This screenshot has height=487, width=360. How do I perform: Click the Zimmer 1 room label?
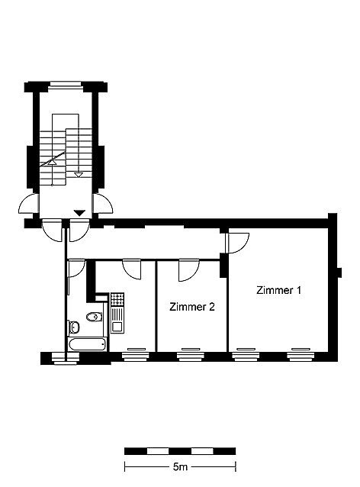click(278, 290)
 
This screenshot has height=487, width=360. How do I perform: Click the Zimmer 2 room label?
click(192, 307)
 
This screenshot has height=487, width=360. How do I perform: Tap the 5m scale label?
click(180, 466)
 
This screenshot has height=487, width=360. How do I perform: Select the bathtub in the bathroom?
click(88, 344)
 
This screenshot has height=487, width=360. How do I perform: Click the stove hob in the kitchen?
click(117, 299)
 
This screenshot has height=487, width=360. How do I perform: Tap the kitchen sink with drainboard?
click(117, 320)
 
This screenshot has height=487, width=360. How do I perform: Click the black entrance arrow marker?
click(80, 213)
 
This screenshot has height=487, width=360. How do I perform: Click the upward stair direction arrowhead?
click(52, 162)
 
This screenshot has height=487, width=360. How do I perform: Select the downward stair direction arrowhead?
click(79, 175)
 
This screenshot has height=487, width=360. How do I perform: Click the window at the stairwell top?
click(66, 85)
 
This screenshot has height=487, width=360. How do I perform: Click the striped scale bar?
click(180, 451)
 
